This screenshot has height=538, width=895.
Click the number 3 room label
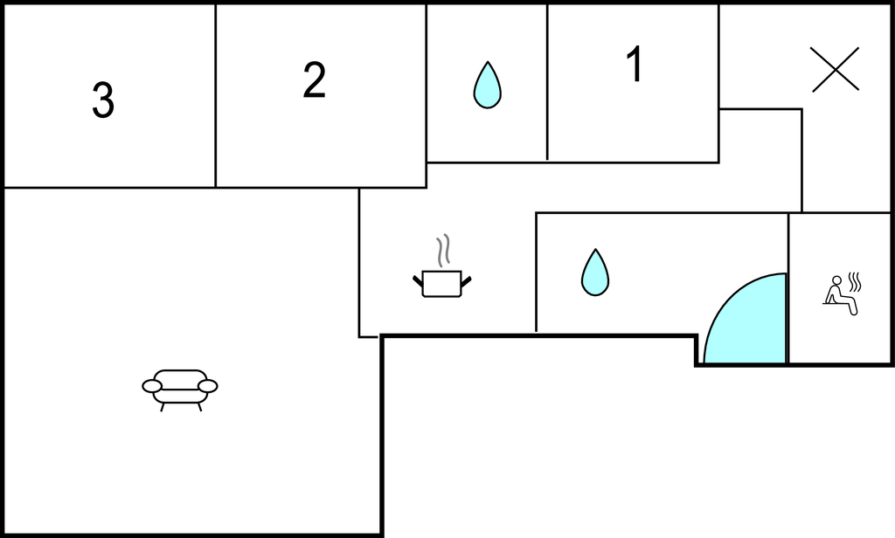[x=103, y=101]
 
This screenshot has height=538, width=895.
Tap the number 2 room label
[x=315, y=80]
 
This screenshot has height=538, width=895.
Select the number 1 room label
[x=635, y=65]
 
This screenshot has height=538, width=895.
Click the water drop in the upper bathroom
[x=487, y=86]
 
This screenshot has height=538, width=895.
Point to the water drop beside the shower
[x=595, y=272]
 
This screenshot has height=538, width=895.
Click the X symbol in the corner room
[x=835, y=70]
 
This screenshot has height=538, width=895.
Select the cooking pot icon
[x=441, y=283]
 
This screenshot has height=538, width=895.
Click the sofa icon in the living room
[x=180, y=388]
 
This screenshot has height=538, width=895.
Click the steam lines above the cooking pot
[x=444, y=250]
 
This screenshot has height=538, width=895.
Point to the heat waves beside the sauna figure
[x=855, y=282]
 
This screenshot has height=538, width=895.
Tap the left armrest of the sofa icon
[x=152, y=386]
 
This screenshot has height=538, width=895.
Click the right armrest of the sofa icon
[x=208, y=386]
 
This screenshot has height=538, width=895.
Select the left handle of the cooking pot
[x=418, y=279]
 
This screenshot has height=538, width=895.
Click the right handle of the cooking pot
[x=466, y=279]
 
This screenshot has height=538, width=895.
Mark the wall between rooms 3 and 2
[x=216, y=96]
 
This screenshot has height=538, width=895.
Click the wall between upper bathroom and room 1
[x=547, y=83]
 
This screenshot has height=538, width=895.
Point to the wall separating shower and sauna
[x=788, y=288]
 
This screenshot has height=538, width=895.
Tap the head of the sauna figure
[x=836, y=281]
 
